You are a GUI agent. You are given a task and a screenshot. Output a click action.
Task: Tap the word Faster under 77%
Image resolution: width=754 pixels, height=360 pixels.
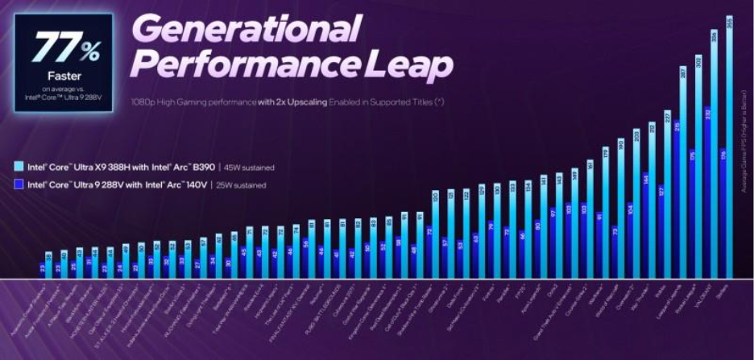click(x=64, y=76)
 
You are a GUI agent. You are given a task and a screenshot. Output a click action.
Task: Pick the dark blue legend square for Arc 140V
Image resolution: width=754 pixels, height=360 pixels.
click(x=19, y=184)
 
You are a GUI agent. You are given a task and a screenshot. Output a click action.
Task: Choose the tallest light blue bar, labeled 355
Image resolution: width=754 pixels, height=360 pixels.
click(x=730, y=145)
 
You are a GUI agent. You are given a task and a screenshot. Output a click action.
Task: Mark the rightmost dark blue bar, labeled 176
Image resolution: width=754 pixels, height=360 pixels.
click(x=722, y=213)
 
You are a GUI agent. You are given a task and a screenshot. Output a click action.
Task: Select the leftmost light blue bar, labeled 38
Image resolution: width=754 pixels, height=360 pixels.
click(x=49, y=265)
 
